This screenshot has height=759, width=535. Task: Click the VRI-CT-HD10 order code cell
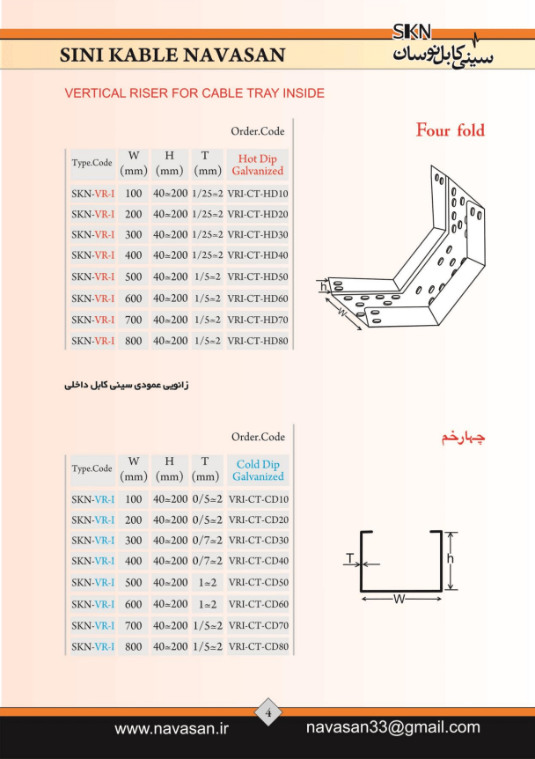click(x=257, y=194)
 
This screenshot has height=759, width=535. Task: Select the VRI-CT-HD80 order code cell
click(x=257, y=341)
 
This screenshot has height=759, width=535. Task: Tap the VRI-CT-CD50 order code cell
click(x=259, y=582)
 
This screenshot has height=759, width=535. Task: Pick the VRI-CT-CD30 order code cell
click(x=259, y=541)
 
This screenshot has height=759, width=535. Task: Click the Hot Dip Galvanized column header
click(x=257, y=165)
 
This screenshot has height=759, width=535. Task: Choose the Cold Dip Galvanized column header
click(x=259, y=470)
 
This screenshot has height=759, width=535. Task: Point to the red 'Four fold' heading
click(x=451, y=130)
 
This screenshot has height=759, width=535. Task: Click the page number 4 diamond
click(x=268, y=712)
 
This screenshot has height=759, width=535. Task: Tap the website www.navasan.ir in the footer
click(x=172, y=728)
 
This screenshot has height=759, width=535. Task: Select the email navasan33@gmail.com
click(x=393, y=727)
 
